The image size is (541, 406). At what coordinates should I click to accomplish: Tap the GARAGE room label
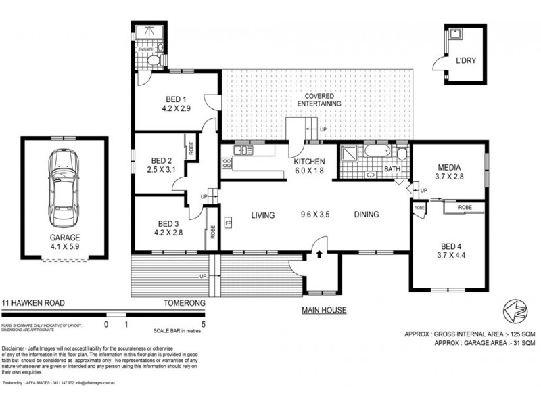tap(64, 238)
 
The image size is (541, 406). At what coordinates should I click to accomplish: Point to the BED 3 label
tap(169, 223)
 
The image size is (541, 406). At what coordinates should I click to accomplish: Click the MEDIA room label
tap(450, 167)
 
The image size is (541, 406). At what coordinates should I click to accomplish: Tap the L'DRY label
tap(466, 61)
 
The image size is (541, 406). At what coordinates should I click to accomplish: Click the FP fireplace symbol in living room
tap(229, 223)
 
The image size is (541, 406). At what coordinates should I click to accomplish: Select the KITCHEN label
tap(310, 162)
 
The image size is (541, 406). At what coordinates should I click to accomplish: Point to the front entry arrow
tap(319, 255)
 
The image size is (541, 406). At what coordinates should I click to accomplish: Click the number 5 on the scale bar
tap(204, 324)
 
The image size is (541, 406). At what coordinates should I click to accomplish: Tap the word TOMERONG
tap(183, 304)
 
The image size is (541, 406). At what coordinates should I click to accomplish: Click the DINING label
tap(365, 215)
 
